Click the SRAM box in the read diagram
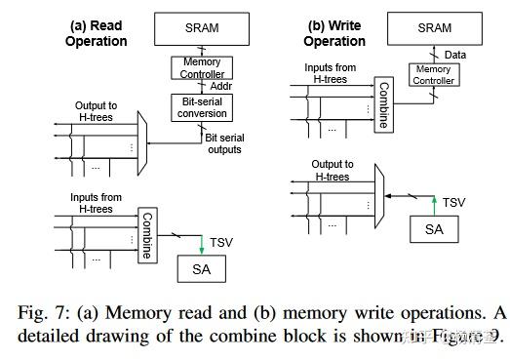(203, 29)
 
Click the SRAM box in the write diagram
(434, 28)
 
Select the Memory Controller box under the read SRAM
(202, 68)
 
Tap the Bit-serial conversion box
(203, 106)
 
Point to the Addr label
(221, 86)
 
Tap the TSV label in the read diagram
(223, 241)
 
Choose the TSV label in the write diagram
(454, 202)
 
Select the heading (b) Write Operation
(335, 33)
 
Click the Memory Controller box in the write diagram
(433, 75)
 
